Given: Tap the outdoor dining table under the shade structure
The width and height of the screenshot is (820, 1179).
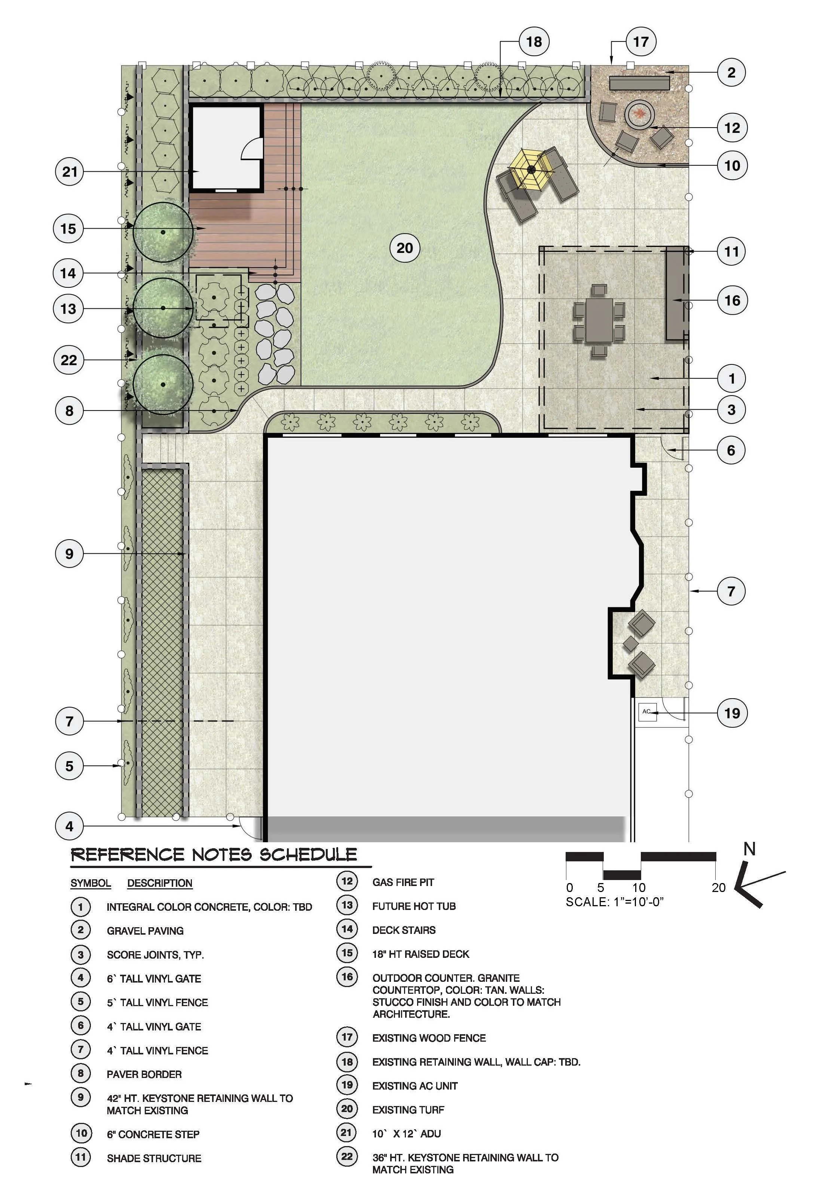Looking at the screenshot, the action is (599, 320).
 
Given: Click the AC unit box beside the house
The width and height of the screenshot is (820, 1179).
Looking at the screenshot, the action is (646, 712).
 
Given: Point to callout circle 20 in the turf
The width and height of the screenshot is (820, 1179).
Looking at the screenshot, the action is (405, 248).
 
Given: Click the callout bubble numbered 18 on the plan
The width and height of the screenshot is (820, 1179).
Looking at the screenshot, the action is (533, 42).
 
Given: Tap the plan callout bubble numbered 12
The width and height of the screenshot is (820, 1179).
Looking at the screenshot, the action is (732, 127).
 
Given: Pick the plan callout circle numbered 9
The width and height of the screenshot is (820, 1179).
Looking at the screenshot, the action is (69, 553).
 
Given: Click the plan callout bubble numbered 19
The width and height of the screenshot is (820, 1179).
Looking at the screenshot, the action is (732, 713).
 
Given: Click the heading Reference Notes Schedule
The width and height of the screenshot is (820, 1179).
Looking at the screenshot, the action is (214, 855).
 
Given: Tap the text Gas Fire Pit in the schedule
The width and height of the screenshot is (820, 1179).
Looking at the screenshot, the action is (403, 882).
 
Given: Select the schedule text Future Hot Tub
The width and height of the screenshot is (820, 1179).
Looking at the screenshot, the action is (414, 906).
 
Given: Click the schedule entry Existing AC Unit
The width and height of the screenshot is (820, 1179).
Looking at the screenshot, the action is (415, 1085).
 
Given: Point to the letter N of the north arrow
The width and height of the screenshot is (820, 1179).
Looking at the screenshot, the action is (749, 849).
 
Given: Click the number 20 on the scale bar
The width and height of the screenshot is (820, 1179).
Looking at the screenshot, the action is (718, 887).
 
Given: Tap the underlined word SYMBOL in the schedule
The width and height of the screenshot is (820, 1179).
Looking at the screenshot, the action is (91, 883).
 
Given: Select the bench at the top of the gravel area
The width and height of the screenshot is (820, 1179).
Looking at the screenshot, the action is (639, 83).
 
